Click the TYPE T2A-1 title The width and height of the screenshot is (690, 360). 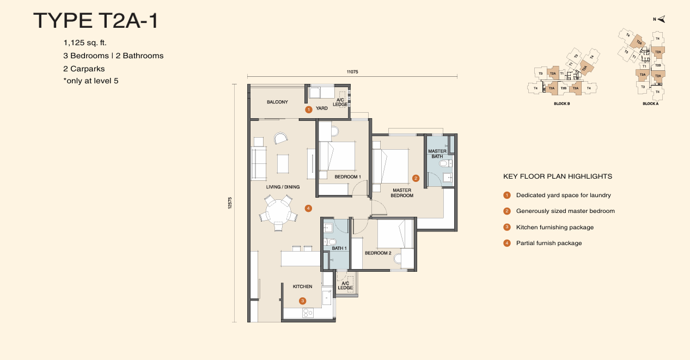pos(96,20)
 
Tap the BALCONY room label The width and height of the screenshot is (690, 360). pos(277,102)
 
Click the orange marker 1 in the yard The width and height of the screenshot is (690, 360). pos(308,109)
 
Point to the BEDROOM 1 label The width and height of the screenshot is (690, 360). pos(347,177)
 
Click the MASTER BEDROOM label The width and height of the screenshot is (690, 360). pos(402,193)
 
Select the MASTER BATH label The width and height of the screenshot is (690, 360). pos(437,154)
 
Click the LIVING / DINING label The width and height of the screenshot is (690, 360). pos(283,187)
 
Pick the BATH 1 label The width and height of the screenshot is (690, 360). pos(339,248)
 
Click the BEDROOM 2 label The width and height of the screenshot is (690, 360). pos(378,253)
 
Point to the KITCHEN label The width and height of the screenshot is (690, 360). pos(302,286)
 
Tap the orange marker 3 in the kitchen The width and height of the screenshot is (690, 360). pos(303,301)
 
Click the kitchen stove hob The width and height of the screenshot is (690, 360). pos(308,313)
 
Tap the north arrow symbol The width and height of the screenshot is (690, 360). pos(661,20)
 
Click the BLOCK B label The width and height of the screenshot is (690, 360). pos(561,103)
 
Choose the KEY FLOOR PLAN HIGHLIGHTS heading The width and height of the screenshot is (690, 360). pos(558,176)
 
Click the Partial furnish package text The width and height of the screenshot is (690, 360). pos(548,243)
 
